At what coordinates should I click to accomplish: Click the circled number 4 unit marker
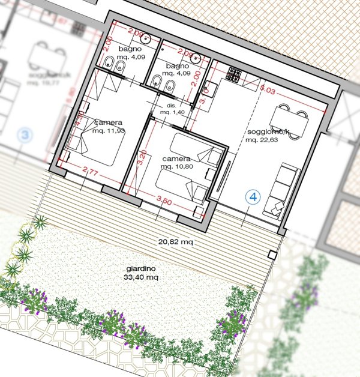(x=253, y=196)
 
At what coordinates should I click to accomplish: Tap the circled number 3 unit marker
(x=24, y=135)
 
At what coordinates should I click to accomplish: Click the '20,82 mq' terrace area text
(x=175, y=242)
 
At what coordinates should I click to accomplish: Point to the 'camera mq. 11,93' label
(x=109, y=127)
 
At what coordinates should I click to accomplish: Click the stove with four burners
(x=233, y=74)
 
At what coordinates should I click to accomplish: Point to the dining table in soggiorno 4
(x=290, y=124)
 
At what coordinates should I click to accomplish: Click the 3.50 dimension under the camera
(x=163, y=202)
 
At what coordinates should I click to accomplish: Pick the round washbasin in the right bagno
(x=196, y=57)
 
